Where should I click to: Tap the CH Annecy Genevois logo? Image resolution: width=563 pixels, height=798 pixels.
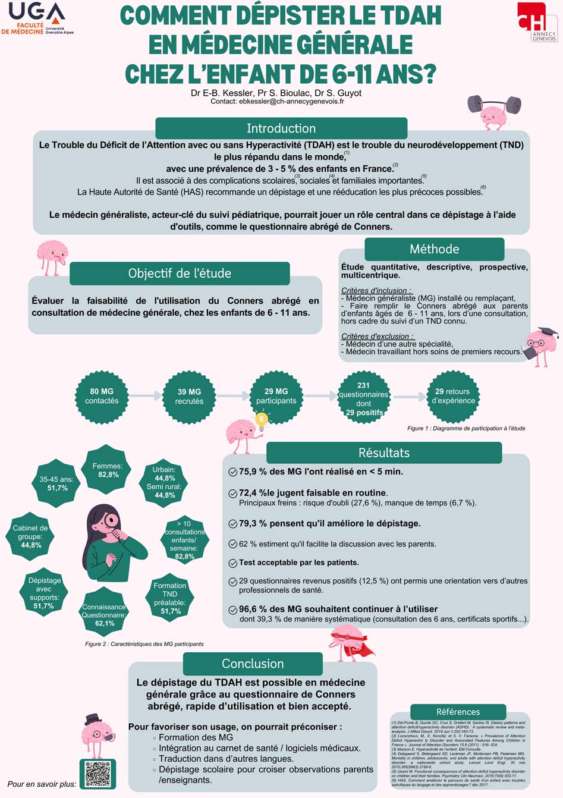537,21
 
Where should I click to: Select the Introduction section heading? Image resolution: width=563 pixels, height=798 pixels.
281,128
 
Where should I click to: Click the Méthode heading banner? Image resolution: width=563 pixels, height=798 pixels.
434,249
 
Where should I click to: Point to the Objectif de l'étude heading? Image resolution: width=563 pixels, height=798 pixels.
180,274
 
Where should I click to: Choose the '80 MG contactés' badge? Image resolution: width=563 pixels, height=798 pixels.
102,396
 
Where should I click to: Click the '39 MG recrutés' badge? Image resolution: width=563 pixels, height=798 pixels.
189,396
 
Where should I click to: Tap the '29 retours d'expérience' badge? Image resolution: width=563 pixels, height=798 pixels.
453,396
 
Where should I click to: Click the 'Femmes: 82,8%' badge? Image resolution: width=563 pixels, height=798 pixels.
108,470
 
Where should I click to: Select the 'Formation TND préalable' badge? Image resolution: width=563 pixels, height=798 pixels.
170,598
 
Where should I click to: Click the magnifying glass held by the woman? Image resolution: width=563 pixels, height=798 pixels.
111,521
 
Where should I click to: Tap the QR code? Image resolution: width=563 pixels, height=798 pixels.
97,774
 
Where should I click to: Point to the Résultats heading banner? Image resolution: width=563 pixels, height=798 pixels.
384,453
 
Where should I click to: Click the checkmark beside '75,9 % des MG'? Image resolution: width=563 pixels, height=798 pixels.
233,472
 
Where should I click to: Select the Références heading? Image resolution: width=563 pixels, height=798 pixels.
458,712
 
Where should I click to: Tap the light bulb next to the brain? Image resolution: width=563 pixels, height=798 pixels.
260,420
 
